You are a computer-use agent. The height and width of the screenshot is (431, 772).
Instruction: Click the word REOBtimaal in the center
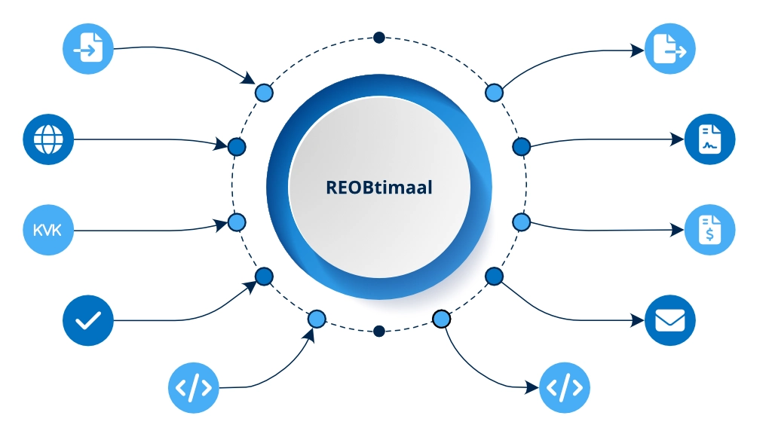pos(379,187)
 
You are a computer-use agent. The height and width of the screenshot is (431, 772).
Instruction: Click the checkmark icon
pos(87,320)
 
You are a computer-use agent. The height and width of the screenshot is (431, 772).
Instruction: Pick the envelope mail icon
pos(669,320)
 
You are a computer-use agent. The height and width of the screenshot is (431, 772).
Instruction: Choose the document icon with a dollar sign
pos(709,229)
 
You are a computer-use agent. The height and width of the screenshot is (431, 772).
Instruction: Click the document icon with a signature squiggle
pos(709,139)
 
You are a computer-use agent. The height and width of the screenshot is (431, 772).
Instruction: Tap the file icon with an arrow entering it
pos(87,50)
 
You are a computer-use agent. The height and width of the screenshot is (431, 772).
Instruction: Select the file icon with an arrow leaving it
pos(669,50)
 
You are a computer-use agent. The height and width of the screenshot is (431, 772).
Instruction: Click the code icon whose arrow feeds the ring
pos(193,388)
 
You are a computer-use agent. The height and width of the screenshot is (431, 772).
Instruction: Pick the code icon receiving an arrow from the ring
pos(565,388)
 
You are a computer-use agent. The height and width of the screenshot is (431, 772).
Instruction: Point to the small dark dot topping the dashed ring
pos(379,38)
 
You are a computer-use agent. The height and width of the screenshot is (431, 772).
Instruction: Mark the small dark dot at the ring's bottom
pos(379,331)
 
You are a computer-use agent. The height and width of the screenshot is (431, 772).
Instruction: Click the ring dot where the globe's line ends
pos(237,146)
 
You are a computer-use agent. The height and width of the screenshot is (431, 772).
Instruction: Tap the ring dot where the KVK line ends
pos(237,222)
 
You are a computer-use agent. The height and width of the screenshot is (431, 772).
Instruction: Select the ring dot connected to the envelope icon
pos(494,277)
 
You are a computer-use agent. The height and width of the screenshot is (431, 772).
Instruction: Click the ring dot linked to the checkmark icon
pos(264,277)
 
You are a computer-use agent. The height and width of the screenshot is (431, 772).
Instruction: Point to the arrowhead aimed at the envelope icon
pos(636,321)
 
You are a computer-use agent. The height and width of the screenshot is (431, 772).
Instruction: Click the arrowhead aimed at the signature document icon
pos(677,139)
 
